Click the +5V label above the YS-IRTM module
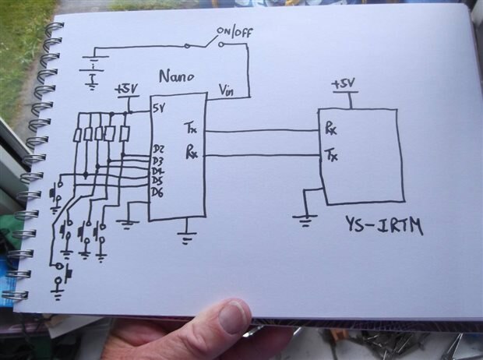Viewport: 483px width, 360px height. click(x=344, y=83)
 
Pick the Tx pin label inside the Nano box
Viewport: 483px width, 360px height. click(x=191, y=125)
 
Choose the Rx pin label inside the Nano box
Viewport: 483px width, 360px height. click(x=191, y=154)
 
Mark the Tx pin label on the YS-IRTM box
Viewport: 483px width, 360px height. click(x=331, y=154)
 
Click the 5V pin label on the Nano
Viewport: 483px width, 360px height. click(x=159, y=108)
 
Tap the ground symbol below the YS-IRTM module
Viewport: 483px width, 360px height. click(x=305, y=221)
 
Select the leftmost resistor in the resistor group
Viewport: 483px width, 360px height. click(x=78, y=134)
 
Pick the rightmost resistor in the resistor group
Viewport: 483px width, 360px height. click(x=124, y=133)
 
